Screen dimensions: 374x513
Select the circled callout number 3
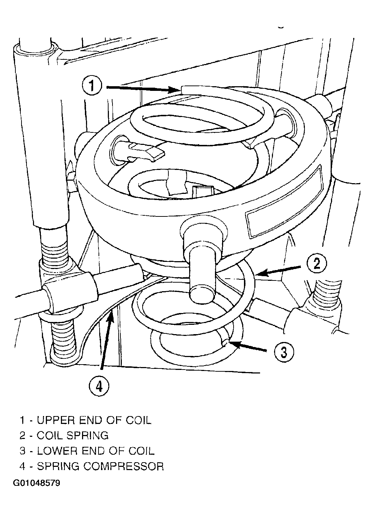(x=284, y=352)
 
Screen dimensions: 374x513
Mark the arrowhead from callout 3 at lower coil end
(x=234, y=344)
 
